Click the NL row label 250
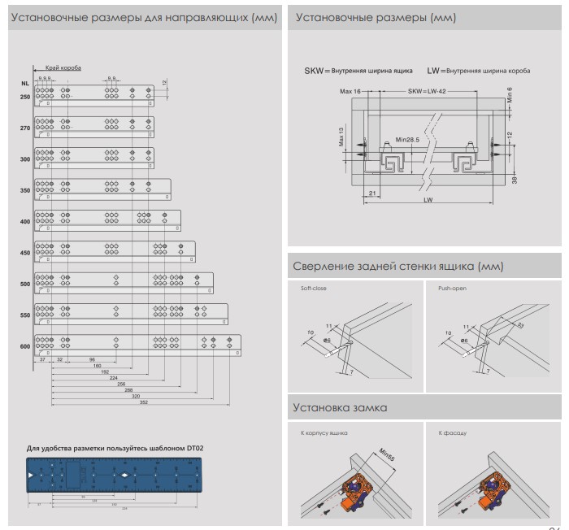coord(25,98)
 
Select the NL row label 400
coord(25,222)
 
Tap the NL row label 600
coord(25,346)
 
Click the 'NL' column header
coord(25,84)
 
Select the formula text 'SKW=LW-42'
coord(427,92)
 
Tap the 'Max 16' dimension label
coord(351,92)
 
